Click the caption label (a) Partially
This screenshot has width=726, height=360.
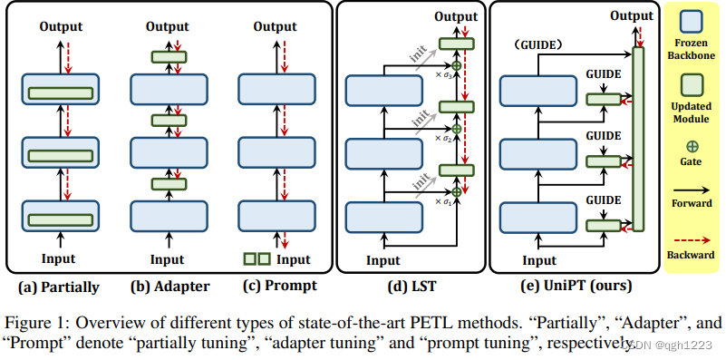(59, 287)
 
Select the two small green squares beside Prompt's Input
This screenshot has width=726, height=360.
(257, 259)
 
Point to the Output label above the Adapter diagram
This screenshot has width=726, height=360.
(168, 26)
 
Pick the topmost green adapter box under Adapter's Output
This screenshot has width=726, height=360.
(168, 57)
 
